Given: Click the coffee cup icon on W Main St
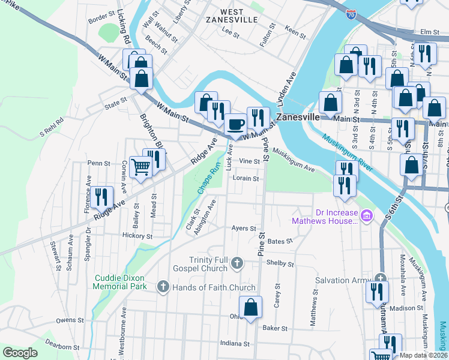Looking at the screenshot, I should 235,124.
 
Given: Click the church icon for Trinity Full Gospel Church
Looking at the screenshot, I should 238,263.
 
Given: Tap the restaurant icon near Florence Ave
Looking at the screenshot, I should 101,196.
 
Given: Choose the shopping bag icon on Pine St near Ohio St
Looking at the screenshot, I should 251,307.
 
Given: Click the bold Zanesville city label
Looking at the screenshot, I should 297,117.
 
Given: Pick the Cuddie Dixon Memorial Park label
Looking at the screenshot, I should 121,282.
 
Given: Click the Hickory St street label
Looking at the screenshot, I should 136,236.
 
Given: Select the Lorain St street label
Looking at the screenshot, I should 246,178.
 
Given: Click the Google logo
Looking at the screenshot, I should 20,353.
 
